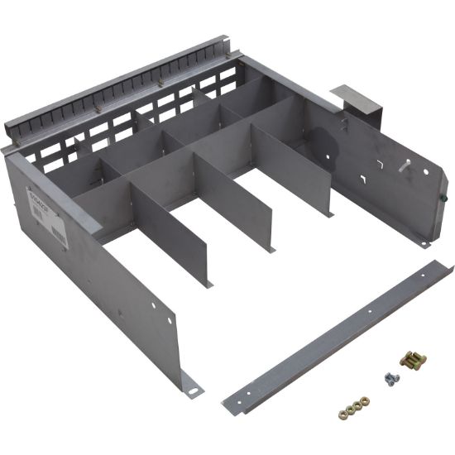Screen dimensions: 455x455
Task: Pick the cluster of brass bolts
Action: click(x=411, y=360)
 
